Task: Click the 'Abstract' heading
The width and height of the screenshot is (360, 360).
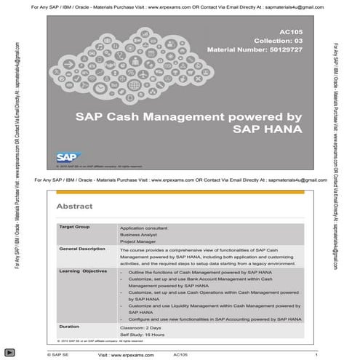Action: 74,206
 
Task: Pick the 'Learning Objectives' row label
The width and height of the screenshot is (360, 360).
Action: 82,271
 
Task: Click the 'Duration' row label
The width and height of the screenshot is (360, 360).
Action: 69,326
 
